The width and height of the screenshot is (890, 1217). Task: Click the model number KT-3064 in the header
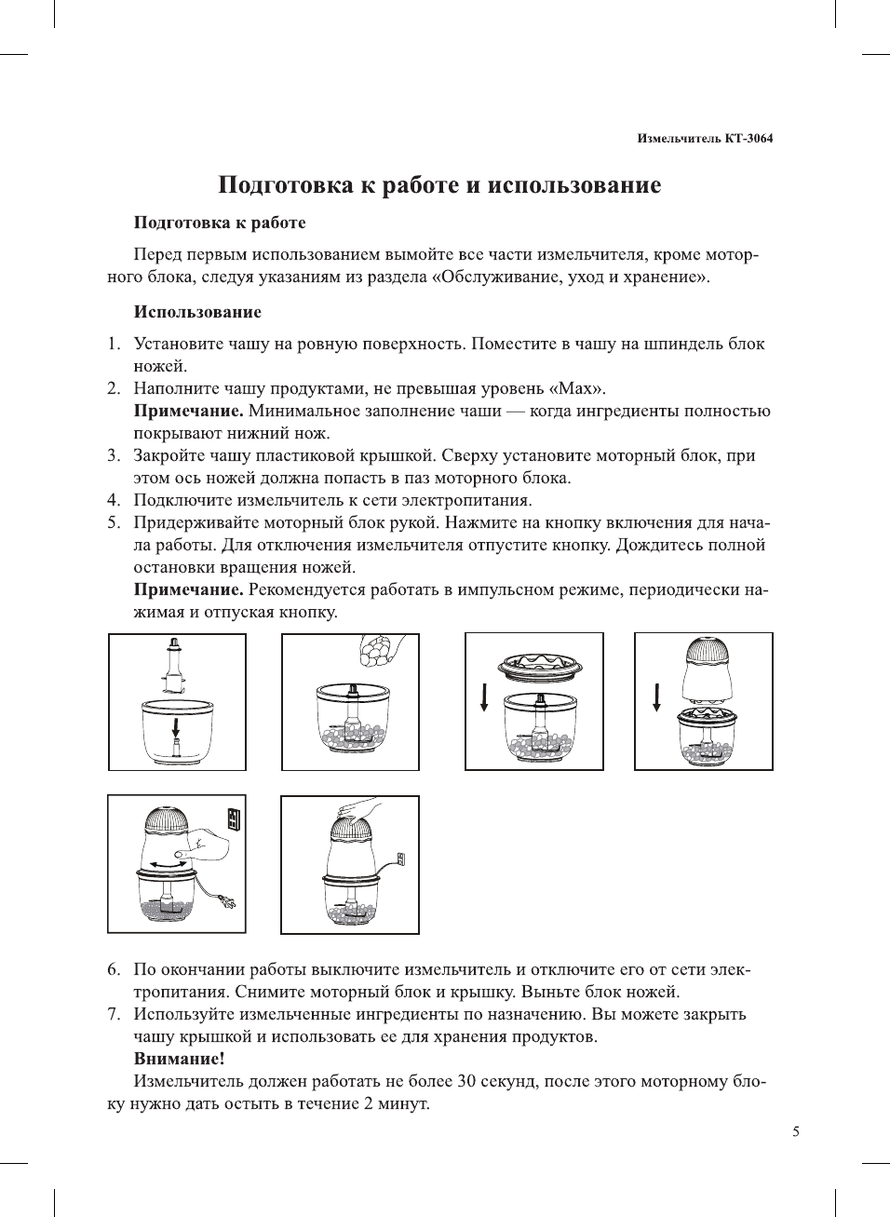[x=748, y=139]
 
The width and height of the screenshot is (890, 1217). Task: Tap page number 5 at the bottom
[x=795, y=1131]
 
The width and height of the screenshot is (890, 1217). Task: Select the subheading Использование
[x=197, y=312]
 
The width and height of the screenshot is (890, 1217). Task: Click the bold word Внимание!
[x=180, y=1059]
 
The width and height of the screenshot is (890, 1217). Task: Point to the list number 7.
[x=113, y=1014]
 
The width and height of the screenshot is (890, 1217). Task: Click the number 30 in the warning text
[x=466, y=1081]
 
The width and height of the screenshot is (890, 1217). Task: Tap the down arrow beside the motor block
[x=657, y=696]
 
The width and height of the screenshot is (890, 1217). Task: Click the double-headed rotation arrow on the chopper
[x=169, y=865]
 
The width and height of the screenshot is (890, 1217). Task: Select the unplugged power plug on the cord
[x=226, y=900]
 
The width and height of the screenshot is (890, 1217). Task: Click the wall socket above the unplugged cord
[x=234, y=819]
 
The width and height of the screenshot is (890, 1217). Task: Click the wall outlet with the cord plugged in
[x=401, y=859]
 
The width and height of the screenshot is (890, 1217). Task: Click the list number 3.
[x=113, y=455]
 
